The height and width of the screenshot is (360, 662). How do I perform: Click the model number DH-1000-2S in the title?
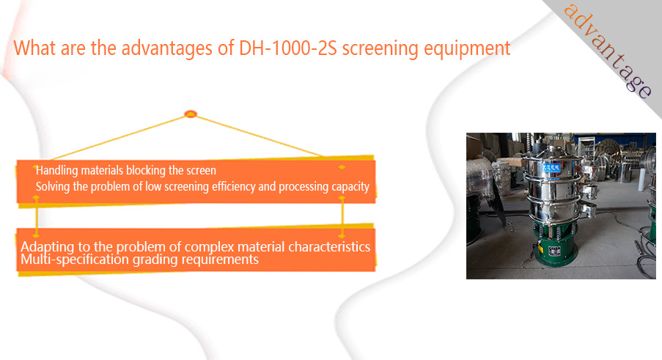pyautogui.click(x=287, y=48)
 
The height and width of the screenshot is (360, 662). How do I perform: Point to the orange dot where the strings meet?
pyautogui.click(x=191, y=114)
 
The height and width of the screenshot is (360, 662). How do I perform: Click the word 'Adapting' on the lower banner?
pyautogui.click(x=48, y=247)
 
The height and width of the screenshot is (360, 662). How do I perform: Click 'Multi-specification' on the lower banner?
pyautogui.click(x=76, y=259)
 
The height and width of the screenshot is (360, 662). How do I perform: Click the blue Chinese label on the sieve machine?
pyautogui.click(x=550, y=168)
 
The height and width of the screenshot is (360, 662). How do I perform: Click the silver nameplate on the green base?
pyautogui.click(x=554, y=250)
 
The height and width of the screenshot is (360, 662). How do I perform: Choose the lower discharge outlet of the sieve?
pyautogui.click(x=588, y=209)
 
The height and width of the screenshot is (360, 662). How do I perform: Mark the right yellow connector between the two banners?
pyautogui.click(x=342, y=216)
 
